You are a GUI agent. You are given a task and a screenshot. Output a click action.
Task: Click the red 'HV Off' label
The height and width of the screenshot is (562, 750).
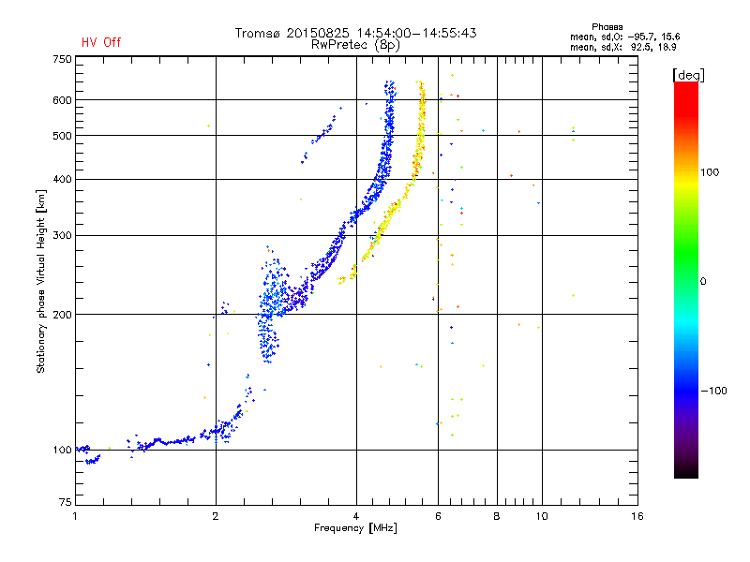pyautogui.click(x=101, y=42)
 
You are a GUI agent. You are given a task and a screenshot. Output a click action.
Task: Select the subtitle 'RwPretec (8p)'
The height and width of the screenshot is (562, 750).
pyautogui.click(x=355, y=45)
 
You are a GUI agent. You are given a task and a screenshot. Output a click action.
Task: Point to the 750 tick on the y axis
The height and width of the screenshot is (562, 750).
pyautogui.click(x=62, y=59)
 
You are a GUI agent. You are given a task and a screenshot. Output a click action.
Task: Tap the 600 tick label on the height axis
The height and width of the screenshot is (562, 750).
pyautogui.click(x=62, y=100)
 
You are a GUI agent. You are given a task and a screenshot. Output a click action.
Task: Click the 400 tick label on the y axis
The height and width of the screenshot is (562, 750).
pyautogui.click(x=62, y=180)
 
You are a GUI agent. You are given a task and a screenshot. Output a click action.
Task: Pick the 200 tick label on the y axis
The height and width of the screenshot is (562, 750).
pyautogui.click(x=62, y=315)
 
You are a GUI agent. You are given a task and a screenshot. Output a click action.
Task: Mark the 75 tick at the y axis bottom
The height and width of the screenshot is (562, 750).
pyautogui.click(x=66, y=502)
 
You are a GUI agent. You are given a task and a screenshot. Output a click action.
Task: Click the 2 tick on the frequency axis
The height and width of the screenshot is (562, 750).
pyautogui.click(x=216, y=516)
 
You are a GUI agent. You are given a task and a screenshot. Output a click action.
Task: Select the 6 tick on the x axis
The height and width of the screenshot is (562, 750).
pyautogui.click(x=438, y=516)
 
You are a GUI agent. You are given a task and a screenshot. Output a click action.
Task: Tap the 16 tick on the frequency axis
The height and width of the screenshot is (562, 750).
pyautogui.click(x=637, y=516)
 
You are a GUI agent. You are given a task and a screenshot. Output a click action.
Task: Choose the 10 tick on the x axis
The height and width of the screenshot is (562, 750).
pyautogui.click(x=542, y=516)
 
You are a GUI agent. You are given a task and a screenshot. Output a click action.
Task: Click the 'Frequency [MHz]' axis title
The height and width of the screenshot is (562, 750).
pyautogui.click(x=355, y=528)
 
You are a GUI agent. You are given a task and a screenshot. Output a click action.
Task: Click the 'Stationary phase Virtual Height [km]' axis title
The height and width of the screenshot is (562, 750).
pyautogui.click(x=41, y=281)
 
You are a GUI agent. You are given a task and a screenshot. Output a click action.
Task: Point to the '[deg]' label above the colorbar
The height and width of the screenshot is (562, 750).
pyautogui.click(x=688, y=75)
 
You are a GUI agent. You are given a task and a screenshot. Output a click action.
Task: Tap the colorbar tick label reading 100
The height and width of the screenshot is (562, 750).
pyautogui.click(x=710, y=172)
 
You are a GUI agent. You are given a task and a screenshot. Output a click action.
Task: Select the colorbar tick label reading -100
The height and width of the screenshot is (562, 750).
pyautogui.click(x=713, y=391)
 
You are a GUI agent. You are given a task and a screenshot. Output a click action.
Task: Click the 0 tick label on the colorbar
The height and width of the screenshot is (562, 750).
pyautogui.click(x=703, y=282)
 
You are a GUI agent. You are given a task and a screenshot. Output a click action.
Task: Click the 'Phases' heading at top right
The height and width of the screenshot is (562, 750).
pyautogui.click(x=607, y=27)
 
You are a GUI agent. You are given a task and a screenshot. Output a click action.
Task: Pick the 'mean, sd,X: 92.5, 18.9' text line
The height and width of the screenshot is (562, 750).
pyautogui.click(x=623, y=48)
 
